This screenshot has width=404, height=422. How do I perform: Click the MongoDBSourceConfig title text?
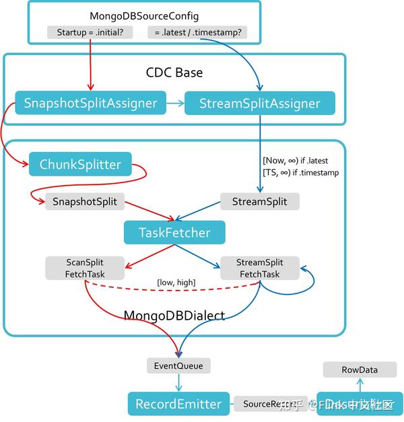coord(144,15)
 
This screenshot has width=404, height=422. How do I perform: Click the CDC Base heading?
coord(174,73)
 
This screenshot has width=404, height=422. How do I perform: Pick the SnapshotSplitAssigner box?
coord(90,103)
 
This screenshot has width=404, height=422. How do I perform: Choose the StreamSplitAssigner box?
coord(259,103)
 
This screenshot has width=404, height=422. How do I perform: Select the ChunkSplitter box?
coord(80,164)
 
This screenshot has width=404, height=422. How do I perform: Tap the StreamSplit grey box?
coord(259,201)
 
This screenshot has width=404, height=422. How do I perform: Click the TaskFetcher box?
coord(174,233)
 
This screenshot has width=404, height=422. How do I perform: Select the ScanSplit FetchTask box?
coord(85,268)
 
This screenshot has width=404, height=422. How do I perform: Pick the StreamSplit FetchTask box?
coord(259,268)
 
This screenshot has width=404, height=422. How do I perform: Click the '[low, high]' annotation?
coord(176,282)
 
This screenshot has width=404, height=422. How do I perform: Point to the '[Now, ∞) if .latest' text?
coord(295,161)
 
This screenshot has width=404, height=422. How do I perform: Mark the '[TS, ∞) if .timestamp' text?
coord(300,172)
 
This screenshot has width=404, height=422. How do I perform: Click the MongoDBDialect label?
coord(174,316)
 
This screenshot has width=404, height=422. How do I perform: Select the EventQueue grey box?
coord(178,366)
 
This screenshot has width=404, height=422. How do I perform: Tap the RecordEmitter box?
coord(178,404)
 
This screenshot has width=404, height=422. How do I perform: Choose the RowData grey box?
coord(359,370)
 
